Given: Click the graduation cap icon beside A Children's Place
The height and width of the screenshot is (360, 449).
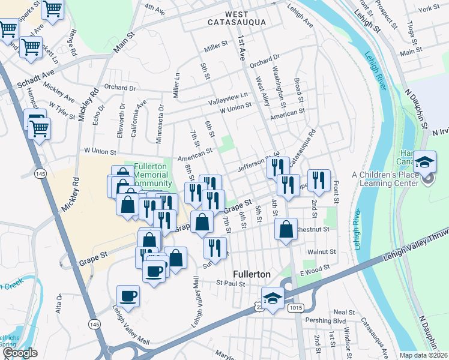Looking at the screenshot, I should point(424,162).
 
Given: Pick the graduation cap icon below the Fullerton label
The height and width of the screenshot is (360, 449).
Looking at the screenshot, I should point(273,298).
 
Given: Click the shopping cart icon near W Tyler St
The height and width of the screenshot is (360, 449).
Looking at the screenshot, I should point(39,128).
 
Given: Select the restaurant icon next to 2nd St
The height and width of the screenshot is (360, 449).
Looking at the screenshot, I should point(318,180).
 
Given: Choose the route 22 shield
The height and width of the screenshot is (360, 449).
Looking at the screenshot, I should point(258,307).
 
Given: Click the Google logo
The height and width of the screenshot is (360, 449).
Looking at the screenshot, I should point(20,353).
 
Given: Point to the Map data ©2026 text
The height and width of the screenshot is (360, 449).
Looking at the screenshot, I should point(423,355).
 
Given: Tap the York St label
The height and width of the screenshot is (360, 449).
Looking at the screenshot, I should point(429,8).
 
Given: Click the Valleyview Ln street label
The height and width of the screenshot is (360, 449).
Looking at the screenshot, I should point(228,97).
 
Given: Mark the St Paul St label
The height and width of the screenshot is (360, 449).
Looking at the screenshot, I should point(232,283).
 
